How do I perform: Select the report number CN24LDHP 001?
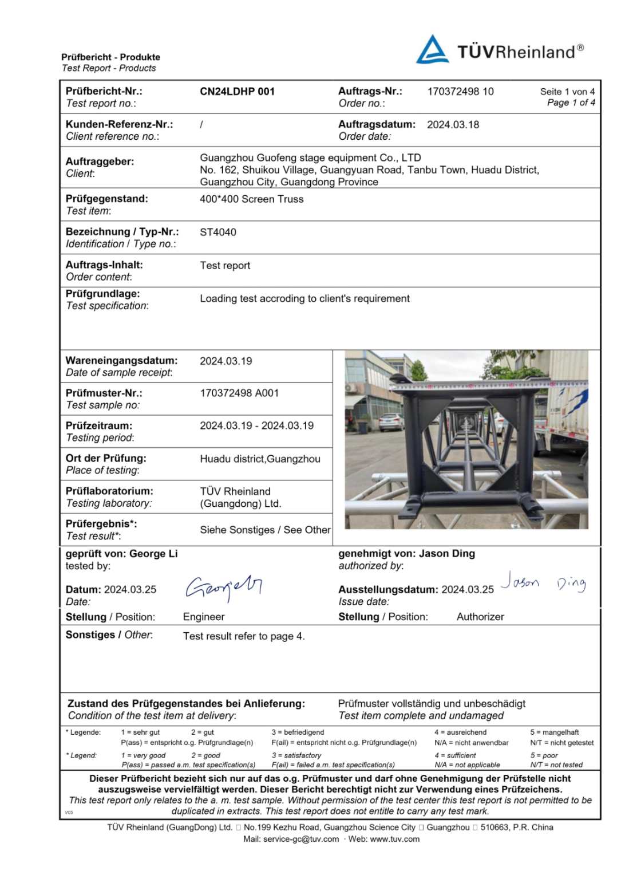coord(237,92)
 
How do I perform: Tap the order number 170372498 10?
coord(460,92)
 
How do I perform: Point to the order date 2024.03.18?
coord(453,125)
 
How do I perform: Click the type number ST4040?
coord(217,232)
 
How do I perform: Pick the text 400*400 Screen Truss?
coord(251,199)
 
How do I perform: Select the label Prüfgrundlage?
coord(102,294)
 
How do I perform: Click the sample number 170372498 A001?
coord(239,393)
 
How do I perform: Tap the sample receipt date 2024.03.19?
coord(226,361)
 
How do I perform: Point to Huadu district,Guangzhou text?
coord(260,459)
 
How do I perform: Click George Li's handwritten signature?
coord(223,587)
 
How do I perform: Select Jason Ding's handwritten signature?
coord(543,582)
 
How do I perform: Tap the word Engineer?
coord(204,617)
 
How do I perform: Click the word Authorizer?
coord(480,617)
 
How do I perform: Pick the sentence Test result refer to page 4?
coord(244,636)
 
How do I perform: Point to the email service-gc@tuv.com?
coord(301,839)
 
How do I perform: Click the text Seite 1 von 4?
coord(567,92)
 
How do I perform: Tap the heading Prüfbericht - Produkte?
coord(110,57)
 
